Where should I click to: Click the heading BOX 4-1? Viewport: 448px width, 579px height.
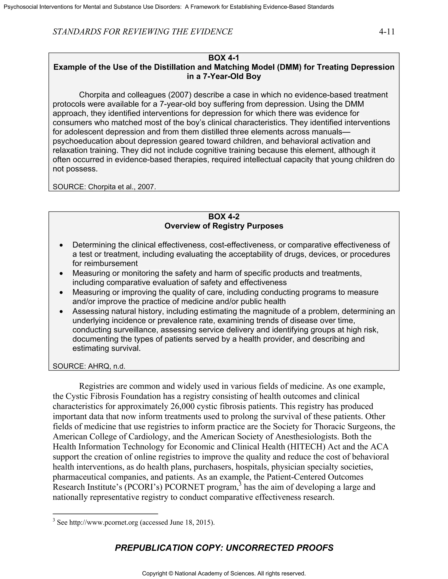pos(224,58)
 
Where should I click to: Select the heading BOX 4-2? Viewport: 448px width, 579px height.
pos(224,217)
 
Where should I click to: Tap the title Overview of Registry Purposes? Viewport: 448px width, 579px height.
pos(224,226)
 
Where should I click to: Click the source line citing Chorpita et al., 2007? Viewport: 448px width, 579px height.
pos(104,187)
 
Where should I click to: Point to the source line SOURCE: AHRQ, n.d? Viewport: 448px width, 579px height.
pos(89,366)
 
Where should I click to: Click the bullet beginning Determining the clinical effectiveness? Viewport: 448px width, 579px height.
pos(231,245)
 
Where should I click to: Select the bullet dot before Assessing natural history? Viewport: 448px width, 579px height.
pos(61,312)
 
